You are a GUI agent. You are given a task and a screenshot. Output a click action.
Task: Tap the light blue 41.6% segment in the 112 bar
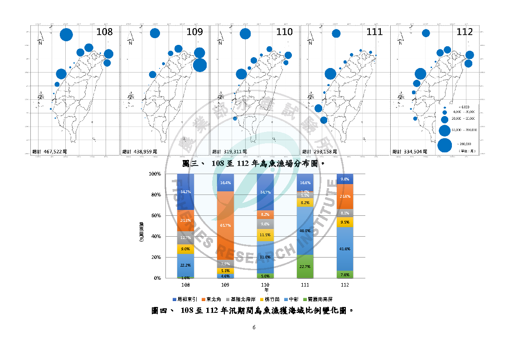coord(344,249)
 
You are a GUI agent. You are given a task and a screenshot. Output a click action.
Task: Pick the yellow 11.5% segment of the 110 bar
coord(265,235)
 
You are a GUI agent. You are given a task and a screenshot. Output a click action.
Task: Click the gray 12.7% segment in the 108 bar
coord(185,238)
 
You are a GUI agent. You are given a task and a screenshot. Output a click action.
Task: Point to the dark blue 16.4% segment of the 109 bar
coord(225,183)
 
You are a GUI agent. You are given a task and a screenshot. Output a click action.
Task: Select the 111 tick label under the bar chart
coord(305,285)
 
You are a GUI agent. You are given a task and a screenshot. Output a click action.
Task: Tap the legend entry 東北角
coord(214,299)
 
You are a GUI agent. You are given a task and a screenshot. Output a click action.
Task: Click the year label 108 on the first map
coord(105,32)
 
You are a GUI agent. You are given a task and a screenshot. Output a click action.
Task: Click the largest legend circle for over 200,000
coord(445,146)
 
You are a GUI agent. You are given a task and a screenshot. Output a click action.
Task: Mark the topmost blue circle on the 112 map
coord(426,33)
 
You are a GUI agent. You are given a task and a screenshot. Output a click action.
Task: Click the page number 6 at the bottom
coord(254,327)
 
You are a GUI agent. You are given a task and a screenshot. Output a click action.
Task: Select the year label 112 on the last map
coord(465,32)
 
